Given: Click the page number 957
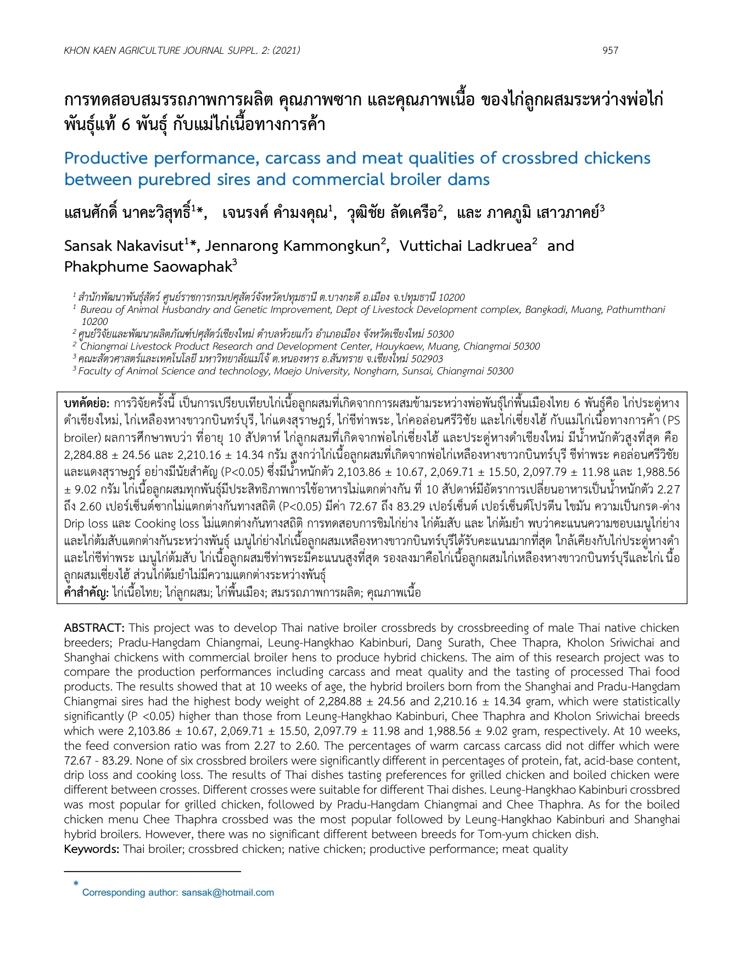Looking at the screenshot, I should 610,50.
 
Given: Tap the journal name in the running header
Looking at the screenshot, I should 182,50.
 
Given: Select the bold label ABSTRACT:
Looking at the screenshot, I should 94,628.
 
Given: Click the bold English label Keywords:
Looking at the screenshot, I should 92,849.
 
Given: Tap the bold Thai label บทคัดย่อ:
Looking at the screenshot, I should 87,403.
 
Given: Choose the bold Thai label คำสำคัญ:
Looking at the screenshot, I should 86,593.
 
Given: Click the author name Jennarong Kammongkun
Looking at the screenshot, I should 292,246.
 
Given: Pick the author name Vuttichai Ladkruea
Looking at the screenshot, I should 466,246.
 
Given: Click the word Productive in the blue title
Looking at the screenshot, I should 106,159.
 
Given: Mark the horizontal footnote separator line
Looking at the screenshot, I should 153,871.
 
